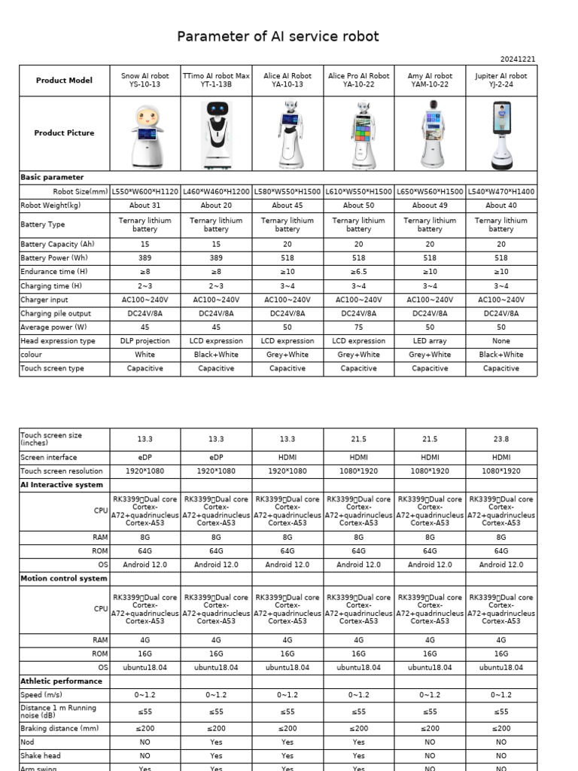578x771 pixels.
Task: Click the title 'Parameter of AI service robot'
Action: pos(278,36)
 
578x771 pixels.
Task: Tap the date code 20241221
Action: pos(518,59)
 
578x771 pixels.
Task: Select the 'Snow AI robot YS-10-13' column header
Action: pos(145,80)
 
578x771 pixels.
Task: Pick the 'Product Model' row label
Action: pos(64,81)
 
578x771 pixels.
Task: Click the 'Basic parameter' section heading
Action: pos(52,177)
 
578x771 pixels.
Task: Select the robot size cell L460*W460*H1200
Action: pos(216,191)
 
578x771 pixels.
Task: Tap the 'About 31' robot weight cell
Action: pos(145,205)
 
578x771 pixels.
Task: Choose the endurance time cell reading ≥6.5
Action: pos(358,271)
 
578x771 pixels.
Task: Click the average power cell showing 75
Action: pos(358,327)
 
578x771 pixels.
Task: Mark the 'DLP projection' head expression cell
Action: pos(145,341)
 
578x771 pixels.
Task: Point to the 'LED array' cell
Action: pos(430,341)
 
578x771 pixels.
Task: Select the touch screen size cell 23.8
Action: pos(501,439)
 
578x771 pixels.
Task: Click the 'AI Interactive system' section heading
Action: pos(62,485)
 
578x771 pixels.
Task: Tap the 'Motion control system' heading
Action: pos(64,578)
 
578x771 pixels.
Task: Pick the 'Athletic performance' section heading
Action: pos(61,681)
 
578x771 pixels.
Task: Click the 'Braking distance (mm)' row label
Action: pos(59,728)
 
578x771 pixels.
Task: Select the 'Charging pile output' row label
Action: pos(56,313)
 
